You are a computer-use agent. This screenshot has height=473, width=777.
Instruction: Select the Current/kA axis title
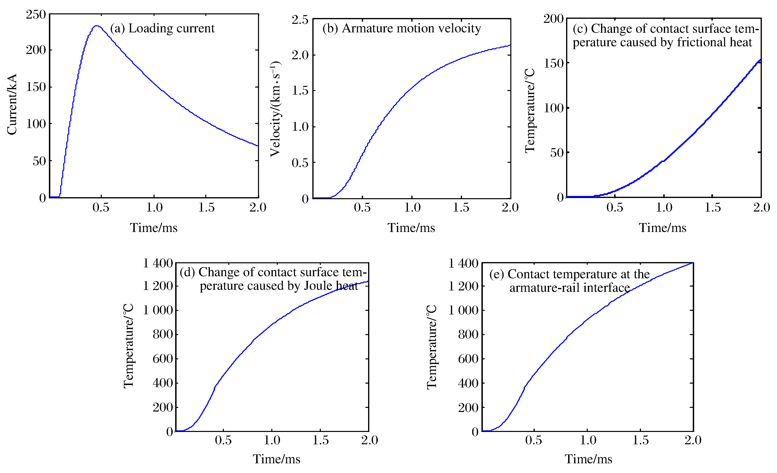[12, 104]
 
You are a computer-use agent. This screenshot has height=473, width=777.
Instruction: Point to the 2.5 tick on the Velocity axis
[300, 20]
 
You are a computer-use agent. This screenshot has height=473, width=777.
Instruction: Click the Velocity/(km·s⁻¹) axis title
[276, 109]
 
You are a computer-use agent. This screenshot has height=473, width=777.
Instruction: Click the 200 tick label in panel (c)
[553, 19]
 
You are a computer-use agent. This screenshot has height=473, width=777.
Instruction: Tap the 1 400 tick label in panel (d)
[158, 263]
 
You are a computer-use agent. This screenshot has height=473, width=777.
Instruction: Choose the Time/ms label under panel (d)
[277, 459]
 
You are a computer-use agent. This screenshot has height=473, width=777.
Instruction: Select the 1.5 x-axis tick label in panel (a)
[206, 208]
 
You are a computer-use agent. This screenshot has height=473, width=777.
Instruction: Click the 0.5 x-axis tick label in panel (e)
[534, 440]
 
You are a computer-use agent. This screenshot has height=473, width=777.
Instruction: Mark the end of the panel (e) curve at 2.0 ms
[693, 263]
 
